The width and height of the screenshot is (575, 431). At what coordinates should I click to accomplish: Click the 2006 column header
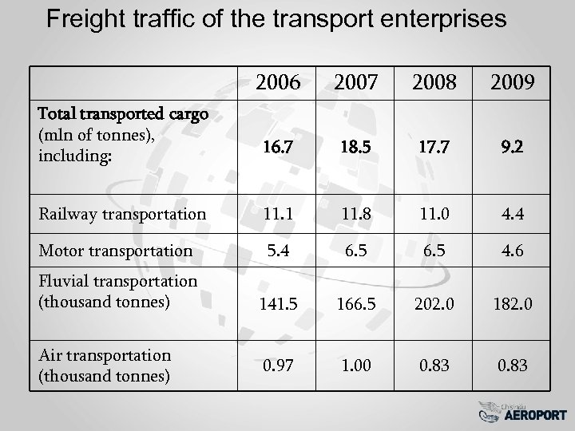[x=278, y=82]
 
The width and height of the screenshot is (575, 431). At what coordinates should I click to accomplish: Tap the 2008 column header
[x=436, y=82]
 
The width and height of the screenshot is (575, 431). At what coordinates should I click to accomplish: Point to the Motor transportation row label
[x=115, y=250]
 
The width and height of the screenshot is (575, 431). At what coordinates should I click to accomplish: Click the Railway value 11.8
[x=357, y=213]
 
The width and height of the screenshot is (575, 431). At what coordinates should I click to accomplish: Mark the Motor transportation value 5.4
[x=278, y=250]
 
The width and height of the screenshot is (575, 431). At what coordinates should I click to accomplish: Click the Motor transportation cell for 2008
[x=436, y=250]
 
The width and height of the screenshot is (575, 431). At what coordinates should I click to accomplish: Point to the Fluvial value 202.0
[x=436, y=304]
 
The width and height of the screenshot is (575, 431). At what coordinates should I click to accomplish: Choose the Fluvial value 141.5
[x=278, y=304]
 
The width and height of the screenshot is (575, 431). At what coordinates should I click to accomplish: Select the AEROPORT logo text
[x=536, y=415]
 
